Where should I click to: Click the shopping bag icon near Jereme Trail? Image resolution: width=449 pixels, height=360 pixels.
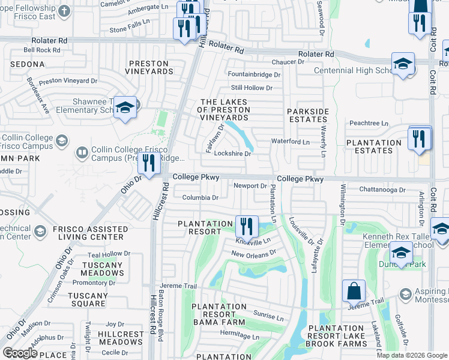tap(354, 291)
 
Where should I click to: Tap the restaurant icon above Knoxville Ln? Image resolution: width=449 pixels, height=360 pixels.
tap(247, 226)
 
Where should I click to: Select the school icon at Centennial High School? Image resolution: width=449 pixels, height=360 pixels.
tap(403, 64)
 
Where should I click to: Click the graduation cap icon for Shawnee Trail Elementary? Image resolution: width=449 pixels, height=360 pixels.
tap(125, 107)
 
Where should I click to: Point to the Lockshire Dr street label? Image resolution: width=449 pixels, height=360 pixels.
tap(232, 153)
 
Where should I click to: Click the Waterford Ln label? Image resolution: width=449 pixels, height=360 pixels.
tap(291, 142)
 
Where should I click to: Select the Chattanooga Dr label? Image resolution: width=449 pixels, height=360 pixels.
tap(384, 189)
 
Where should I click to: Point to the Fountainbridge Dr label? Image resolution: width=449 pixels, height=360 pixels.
tap(255, 75)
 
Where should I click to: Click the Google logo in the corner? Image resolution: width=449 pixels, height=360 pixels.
tap(20, 352)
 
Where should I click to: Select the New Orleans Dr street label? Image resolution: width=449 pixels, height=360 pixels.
tap(253, 253)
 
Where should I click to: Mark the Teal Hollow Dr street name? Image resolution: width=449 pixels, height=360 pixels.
tap(109, 254)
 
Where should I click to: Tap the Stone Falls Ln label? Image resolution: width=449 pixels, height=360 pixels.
tap(131, 28)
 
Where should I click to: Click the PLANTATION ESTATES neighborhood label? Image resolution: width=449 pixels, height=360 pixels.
tap(373, 146)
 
